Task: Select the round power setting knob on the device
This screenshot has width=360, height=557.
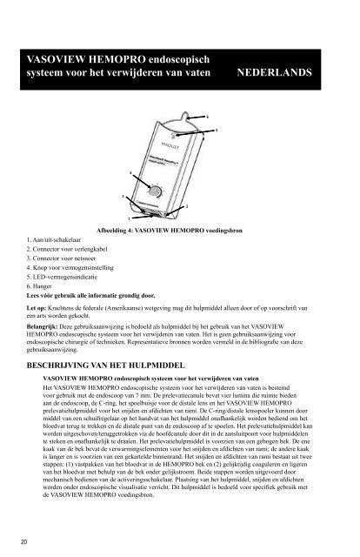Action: coord(156,191)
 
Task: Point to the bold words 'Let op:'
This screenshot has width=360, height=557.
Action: coord(37,308)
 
